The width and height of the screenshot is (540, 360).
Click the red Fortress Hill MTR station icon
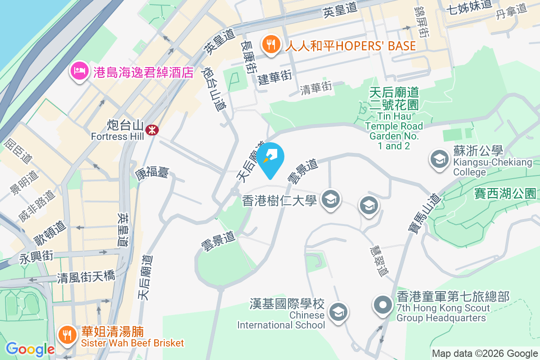[152, 130]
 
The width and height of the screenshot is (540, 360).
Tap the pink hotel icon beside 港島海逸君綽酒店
[79, 71]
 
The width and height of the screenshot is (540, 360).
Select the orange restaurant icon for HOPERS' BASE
[270, 45]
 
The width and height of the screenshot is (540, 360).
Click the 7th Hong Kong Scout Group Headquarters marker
[383, 306]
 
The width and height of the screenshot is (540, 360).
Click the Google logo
[30, 349]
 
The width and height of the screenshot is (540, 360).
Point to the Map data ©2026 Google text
[485, 353]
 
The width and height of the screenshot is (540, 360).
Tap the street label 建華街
[275, 78]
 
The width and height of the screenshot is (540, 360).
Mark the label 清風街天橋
[86, 277]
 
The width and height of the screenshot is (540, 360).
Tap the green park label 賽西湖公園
[505, 194]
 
